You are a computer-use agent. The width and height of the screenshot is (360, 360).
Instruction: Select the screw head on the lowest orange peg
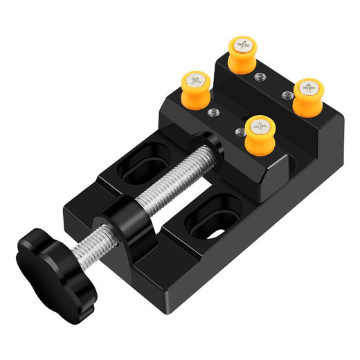pyautogui.click(x=260, y=126)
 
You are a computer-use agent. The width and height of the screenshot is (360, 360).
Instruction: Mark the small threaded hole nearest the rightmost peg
pyautogui.click(x=285, y=93)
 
